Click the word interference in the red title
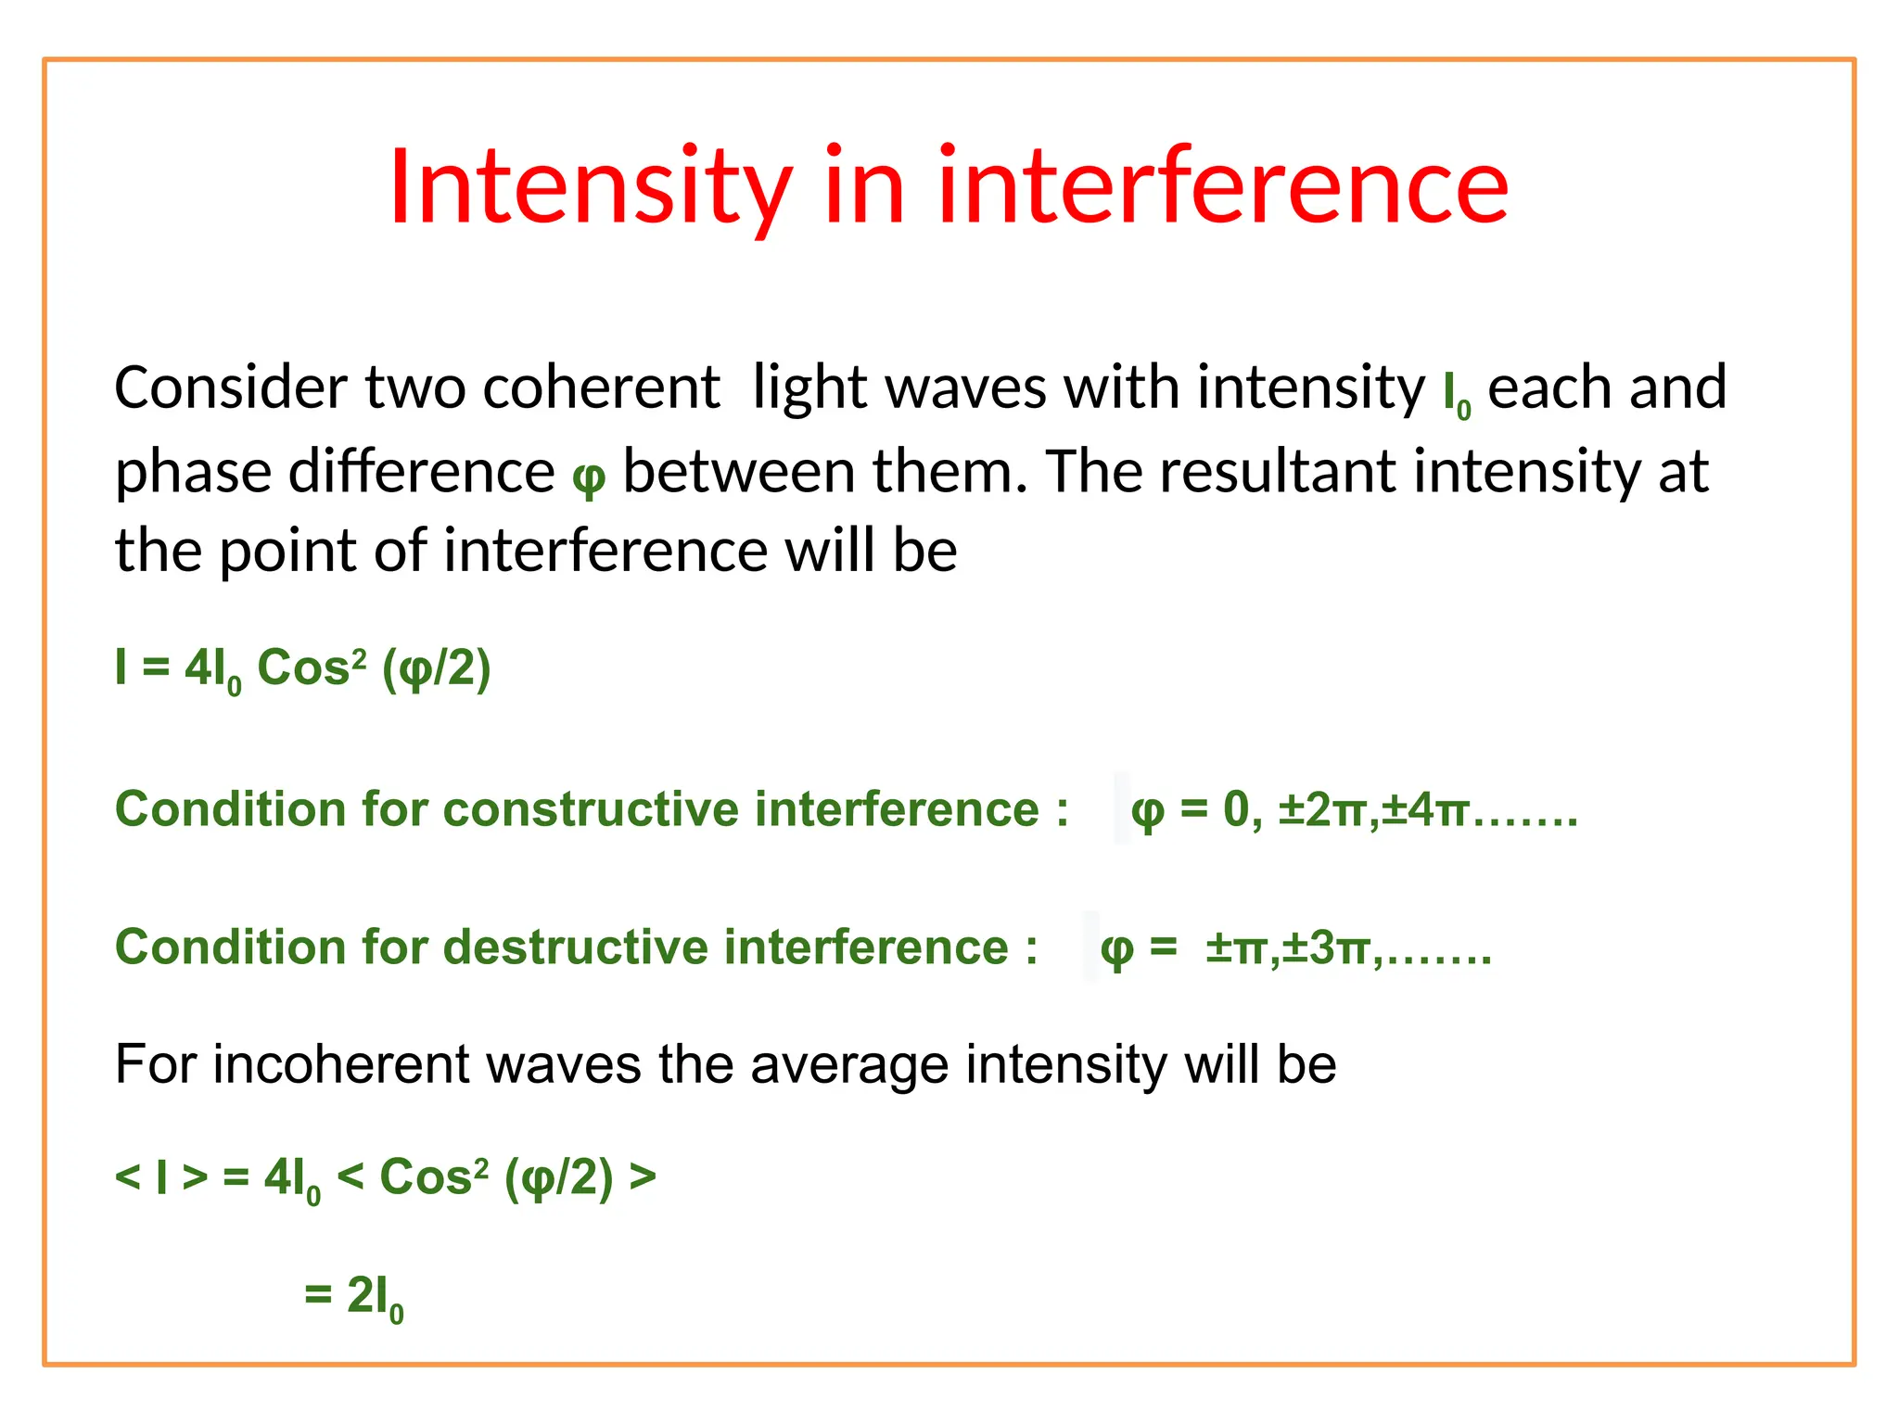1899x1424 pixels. (1223, 187)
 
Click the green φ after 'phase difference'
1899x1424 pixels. (589, 476)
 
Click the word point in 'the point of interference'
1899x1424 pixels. (287, 552)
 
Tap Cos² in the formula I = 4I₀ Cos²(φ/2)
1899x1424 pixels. (311, 667)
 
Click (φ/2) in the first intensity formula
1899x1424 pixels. (436, 669)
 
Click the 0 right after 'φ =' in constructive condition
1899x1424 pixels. (1236, 810)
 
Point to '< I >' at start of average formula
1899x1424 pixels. (160, 1177)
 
